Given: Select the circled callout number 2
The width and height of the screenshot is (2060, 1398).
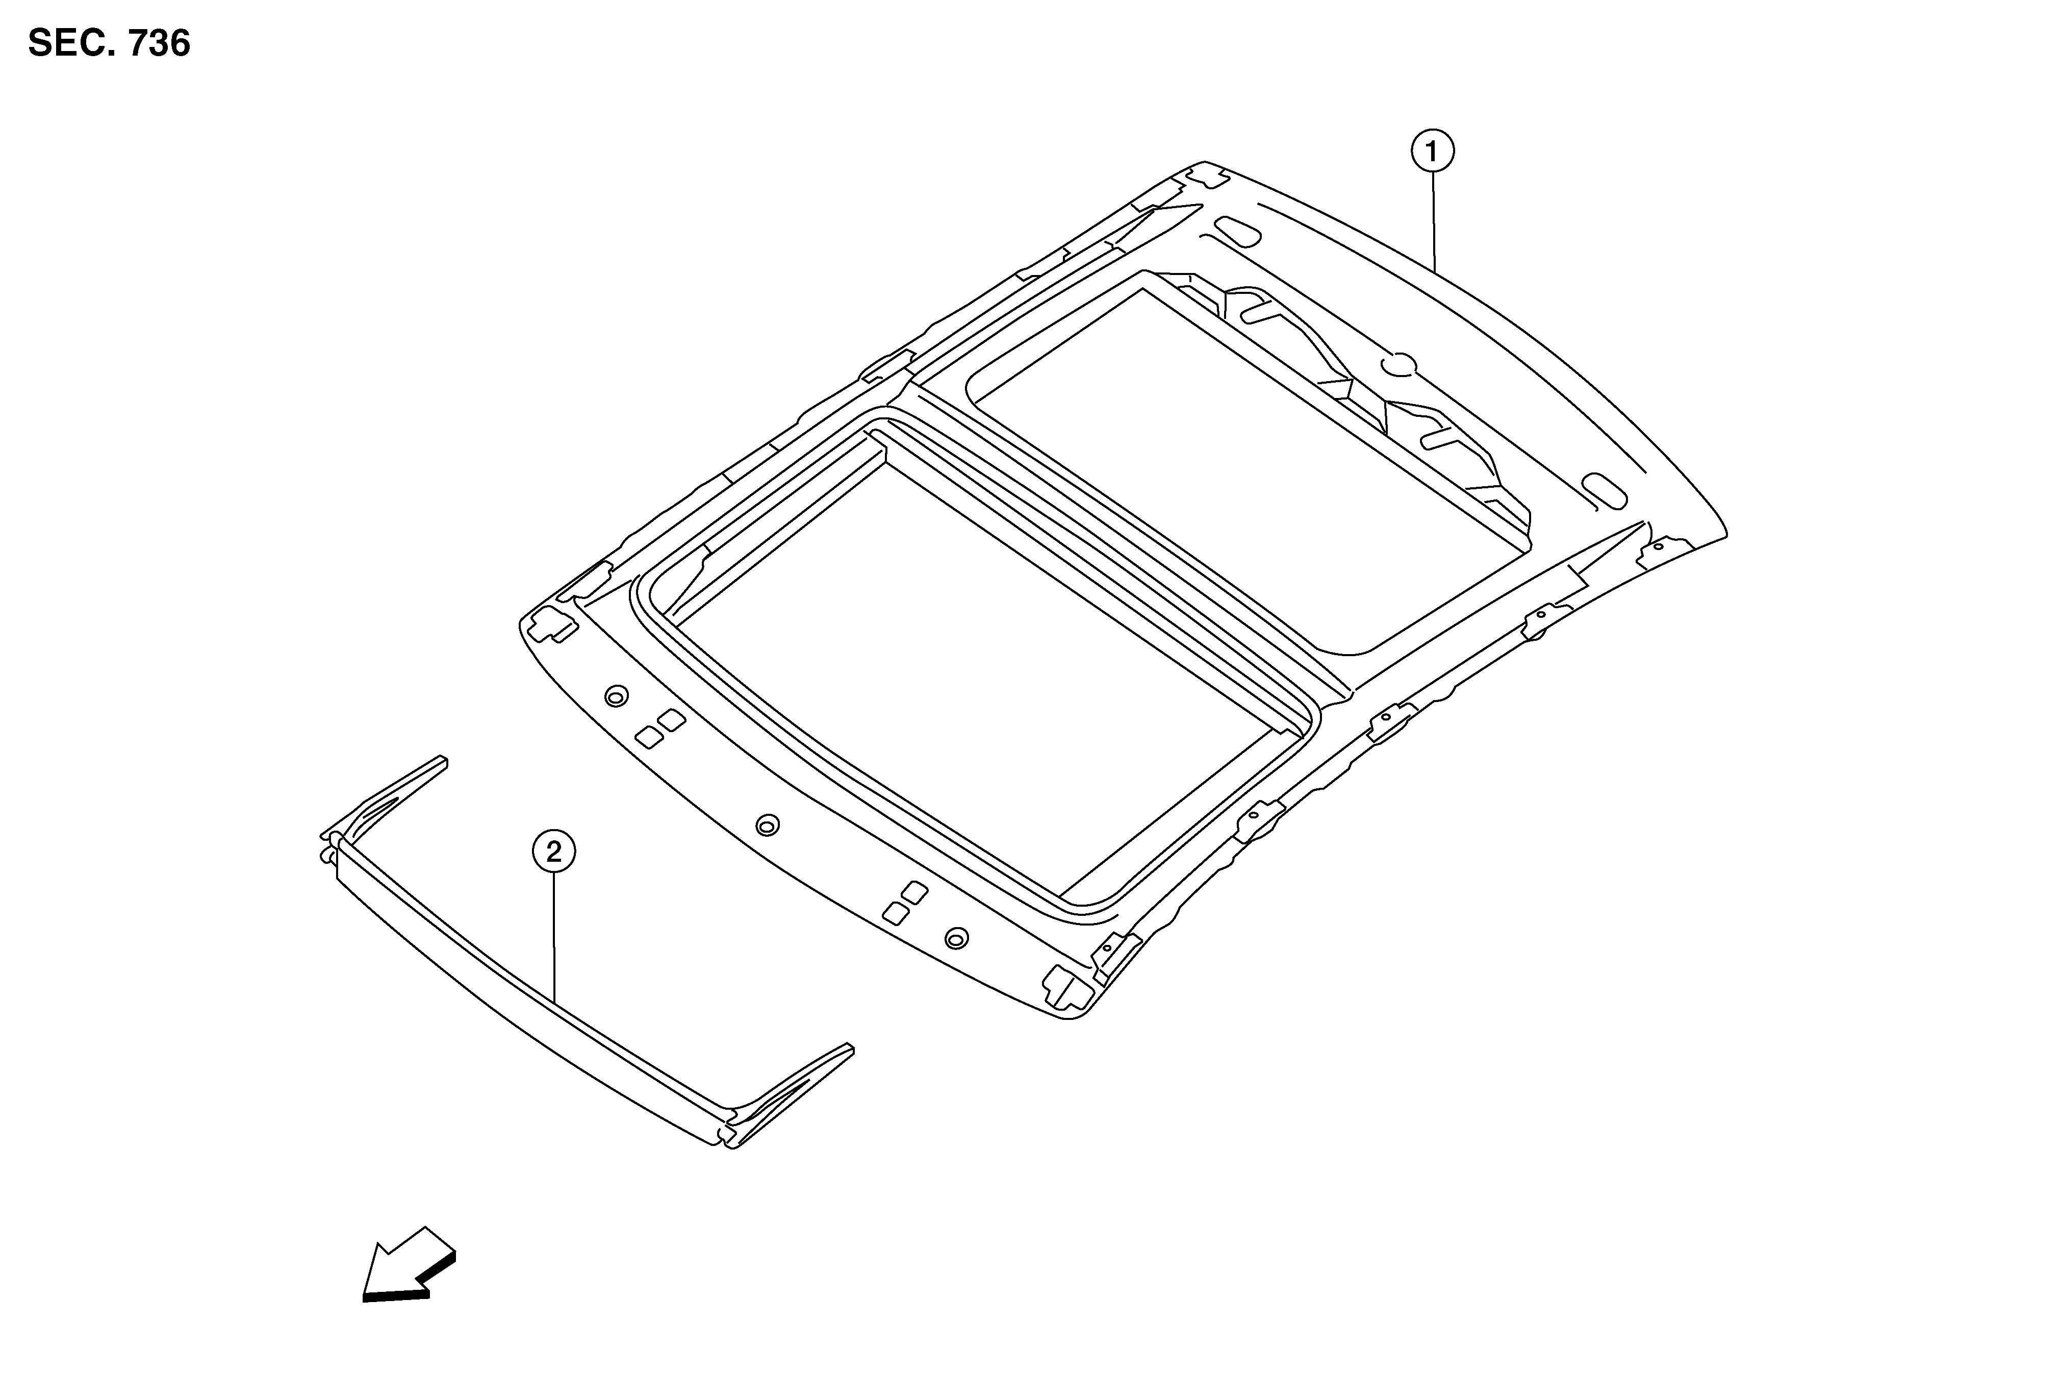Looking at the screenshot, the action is click(x=553, y=852).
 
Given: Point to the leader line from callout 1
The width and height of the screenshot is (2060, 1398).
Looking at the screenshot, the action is click(x=1433, y=221).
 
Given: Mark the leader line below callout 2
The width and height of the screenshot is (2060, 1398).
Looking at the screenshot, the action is click(x=554, y=938).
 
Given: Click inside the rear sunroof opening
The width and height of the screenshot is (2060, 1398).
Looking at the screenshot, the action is click(x=1241, y=461).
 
